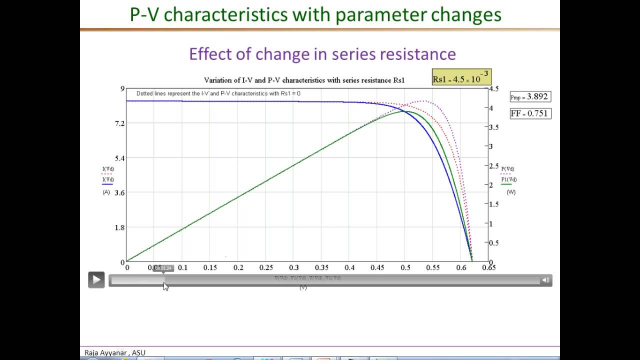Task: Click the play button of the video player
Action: (96, 280)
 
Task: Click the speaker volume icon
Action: (545, 280)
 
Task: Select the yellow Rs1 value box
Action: (461, 78)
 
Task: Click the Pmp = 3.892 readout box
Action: (530, 97)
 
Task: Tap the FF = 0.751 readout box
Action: (530, 113)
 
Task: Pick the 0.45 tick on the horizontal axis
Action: (377, 268)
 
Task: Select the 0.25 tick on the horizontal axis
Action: (266, 268)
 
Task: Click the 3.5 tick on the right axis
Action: (493, 127)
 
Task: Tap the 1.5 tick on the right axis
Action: (493, 204)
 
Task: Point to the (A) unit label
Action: (106, 192)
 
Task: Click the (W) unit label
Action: (510, 192)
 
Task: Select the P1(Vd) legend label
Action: (509, 179)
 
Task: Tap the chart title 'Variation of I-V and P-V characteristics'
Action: (280, 80)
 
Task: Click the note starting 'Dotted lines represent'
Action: (218, 93)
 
